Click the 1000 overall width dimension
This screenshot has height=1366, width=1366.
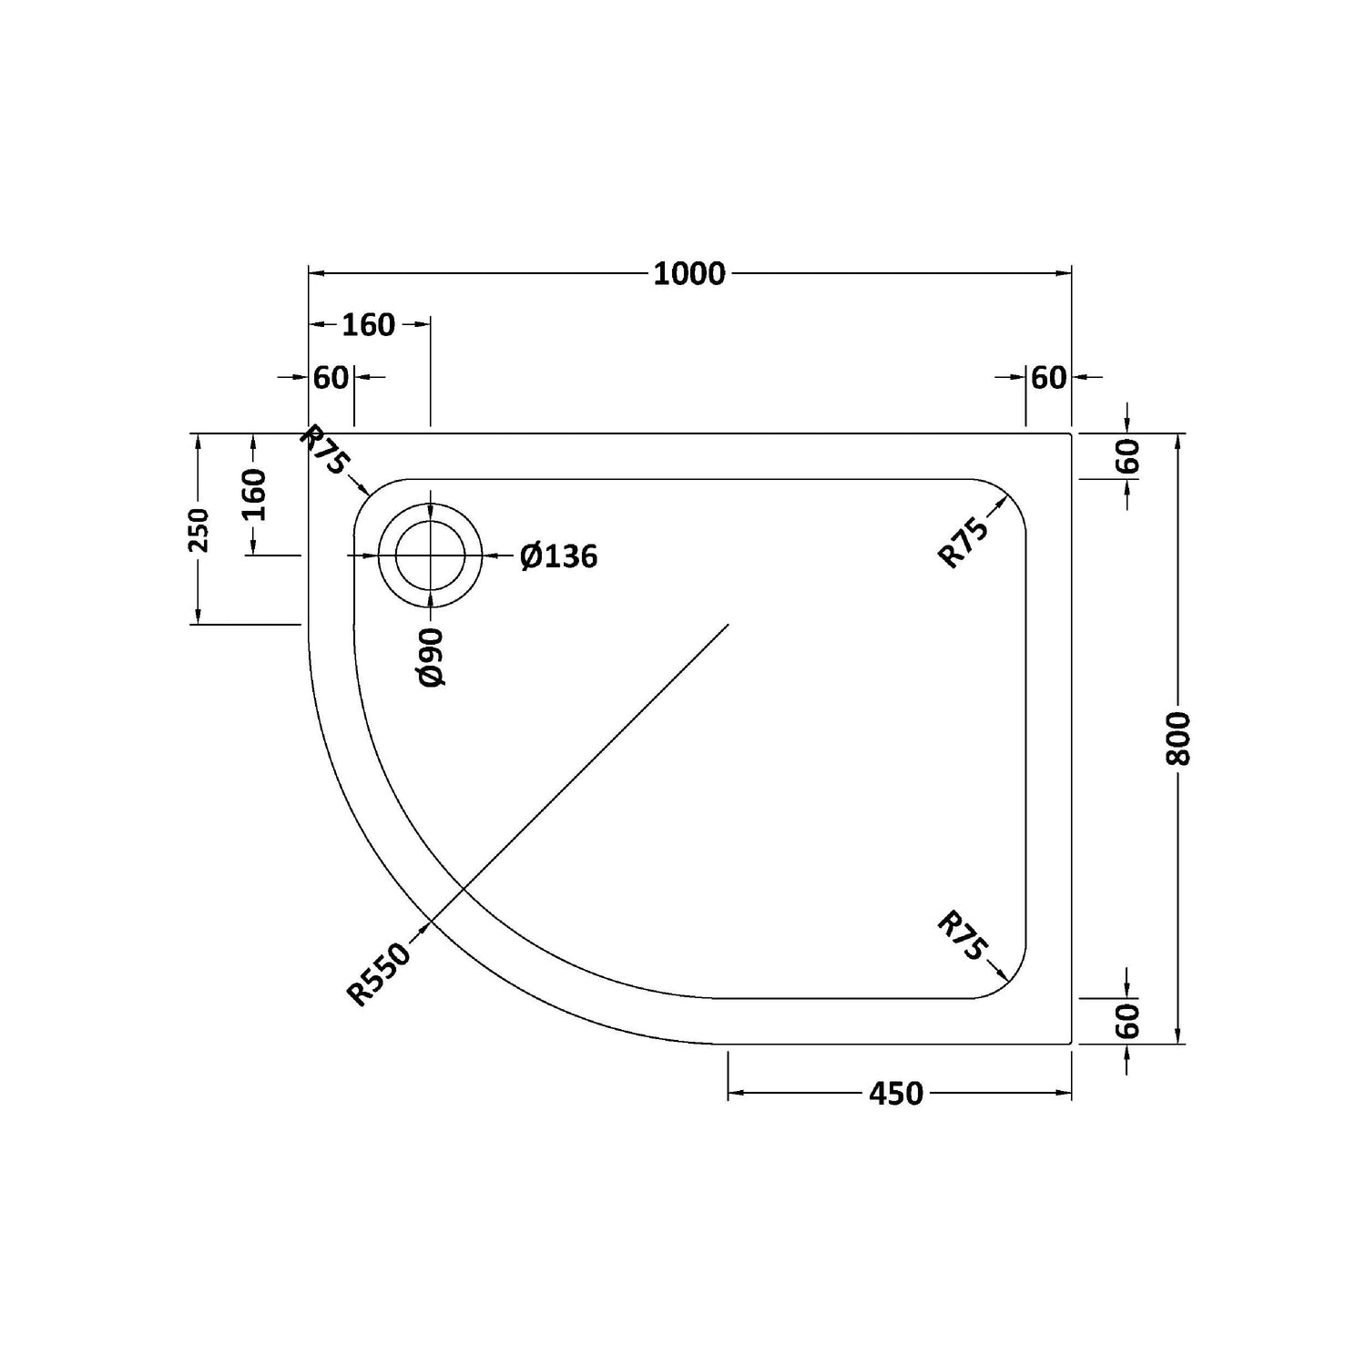point(689,273)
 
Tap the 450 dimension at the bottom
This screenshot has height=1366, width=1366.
point(896,1093)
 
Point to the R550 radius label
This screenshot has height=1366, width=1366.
point(379,974)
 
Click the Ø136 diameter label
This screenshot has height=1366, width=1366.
point(559,556)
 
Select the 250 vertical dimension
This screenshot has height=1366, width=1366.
point(199,530)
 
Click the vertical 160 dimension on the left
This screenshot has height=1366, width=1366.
point(254,494)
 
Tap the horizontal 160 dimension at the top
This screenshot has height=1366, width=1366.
point(369,324)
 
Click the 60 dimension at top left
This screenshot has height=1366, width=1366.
point(331,377)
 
